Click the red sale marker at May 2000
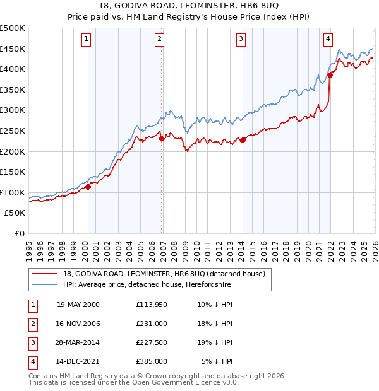point(88,187)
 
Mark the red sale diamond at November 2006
point(161,138)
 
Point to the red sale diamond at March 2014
point(243,140)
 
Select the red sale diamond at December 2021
point(330,75)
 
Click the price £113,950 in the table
point(152,305)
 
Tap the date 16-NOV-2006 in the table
point(78,324)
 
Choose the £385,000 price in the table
point(152,361)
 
